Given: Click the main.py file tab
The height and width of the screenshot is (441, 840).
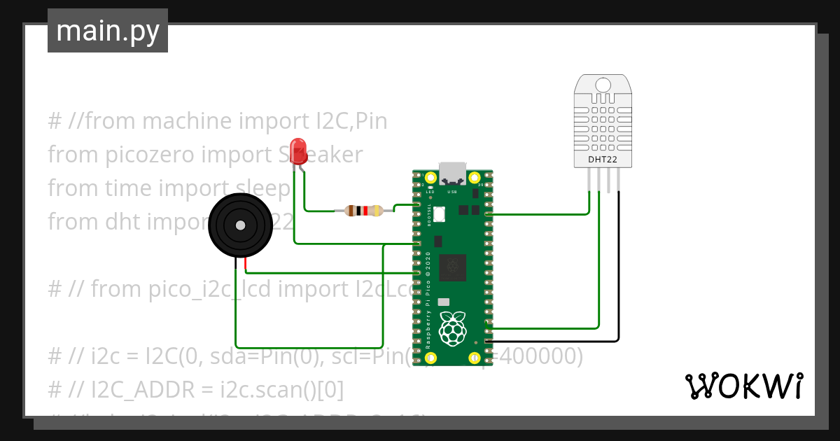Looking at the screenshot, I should pyautogui.click(x=107, y=31).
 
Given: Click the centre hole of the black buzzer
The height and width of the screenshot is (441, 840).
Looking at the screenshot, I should pyautogui.click(x=240, y=225).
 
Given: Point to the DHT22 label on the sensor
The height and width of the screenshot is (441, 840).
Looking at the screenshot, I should pyautogui.click(x=603, y=160).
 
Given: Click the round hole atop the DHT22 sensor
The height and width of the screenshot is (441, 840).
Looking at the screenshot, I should pyautogui.click(x=603, y=85).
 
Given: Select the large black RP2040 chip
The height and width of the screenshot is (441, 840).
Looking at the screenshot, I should pyautogui.click(x=453, y=267).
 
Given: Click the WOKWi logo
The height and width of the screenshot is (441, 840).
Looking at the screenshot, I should pyautogui.click(x=743, y=386).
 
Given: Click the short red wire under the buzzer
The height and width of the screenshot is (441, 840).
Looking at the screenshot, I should pyautogui.click(x=246, y=264).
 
